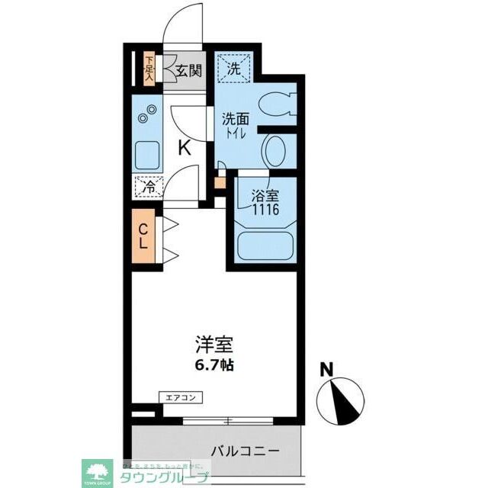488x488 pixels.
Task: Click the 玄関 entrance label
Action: tap(188, 71)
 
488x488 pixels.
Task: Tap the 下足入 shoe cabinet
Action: tap(150, 69)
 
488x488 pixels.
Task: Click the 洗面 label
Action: tap(235, 119)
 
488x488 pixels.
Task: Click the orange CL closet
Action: tap(143, 236)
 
